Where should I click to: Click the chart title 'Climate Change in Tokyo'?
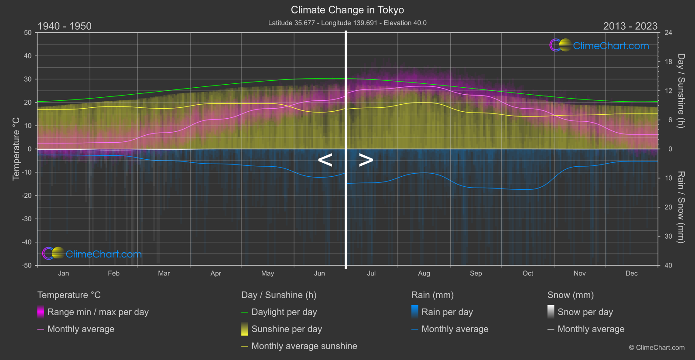point(347,10)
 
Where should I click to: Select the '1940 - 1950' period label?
point(65,26)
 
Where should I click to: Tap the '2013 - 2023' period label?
point(630,26)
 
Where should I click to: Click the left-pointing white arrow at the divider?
point(325,160)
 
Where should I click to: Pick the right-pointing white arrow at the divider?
point(366,160)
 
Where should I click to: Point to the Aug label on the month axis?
point(424,274)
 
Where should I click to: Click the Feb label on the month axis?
point(113,274)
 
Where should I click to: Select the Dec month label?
point(631,274)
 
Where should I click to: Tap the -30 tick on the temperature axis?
point(27,219)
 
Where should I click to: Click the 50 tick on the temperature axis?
point(28,33)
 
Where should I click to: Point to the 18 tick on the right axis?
point(668,62)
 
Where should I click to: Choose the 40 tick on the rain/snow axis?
point(668,265)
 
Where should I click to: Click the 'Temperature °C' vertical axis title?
point(16,148)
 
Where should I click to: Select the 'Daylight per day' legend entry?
point(284,312)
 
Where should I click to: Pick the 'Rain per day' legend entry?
point(447,312)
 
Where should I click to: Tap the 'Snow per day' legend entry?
point(585,312)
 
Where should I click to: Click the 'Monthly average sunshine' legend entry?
point(304,346)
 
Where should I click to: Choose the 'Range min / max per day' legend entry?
point(98,312)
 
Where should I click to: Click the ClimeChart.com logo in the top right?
point(599,45)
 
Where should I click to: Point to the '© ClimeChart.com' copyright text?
point(657,348)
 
